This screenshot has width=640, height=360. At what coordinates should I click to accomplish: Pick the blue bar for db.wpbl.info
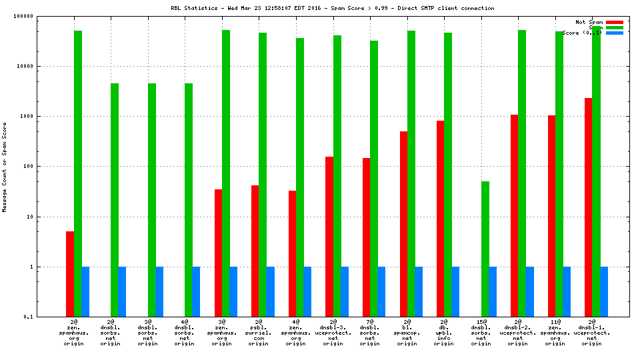(455, 291)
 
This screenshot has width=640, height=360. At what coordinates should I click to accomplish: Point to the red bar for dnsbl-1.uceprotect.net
(589, 207)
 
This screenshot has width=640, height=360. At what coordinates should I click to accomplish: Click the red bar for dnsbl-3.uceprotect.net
(329, 236)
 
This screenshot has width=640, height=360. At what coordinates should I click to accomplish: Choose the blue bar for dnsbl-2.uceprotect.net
(529, 291)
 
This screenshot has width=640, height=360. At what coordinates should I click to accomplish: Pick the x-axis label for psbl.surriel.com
(259, 333)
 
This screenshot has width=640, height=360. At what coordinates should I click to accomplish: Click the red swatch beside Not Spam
(615, 22)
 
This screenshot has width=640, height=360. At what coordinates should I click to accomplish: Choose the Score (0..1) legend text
(582, 33)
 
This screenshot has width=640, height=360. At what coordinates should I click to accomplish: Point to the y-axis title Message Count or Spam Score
(5, 167)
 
